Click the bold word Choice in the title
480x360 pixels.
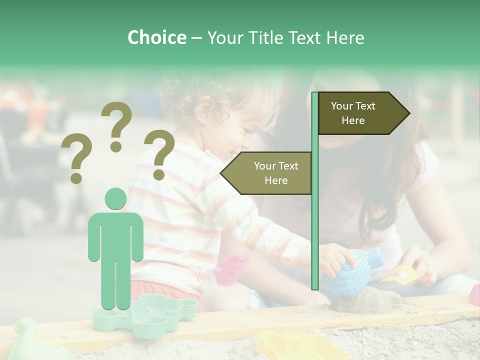tap(156, 37)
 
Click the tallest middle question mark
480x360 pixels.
tap(116, 125)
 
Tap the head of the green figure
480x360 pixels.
tap(115, 198)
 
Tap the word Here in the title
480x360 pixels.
tap(345, 37)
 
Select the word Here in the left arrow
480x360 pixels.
tap(276, 180)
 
